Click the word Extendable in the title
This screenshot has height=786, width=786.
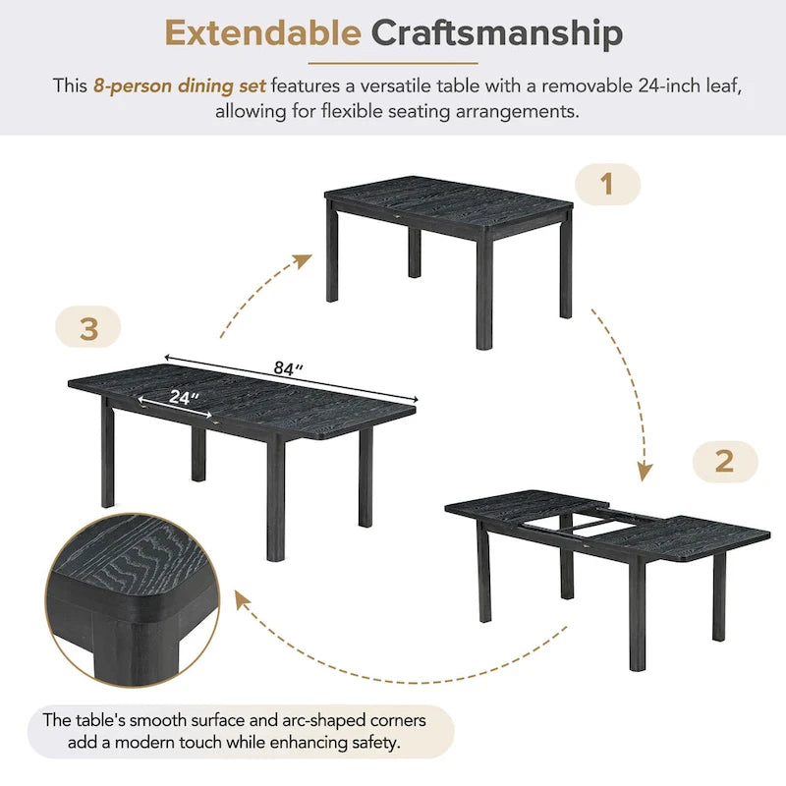pyautogui.click(x=262, y=33)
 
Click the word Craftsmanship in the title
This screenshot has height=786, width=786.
pyautogui.click(x=496, y=33)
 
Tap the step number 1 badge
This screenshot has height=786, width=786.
pyautogui.click(x=606, y=184)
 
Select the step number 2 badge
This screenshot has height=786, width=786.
pyautogui.click(x=724, y=461)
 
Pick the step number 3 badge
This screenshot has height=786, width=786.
pyautogui.click(x=88, y=329)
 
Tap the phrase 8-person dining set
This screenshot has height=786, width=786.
pyautogui.click(x=180, y=85)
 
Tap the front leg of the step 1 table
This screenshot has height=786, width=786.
pyautogui.click(x=484, y=295)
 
